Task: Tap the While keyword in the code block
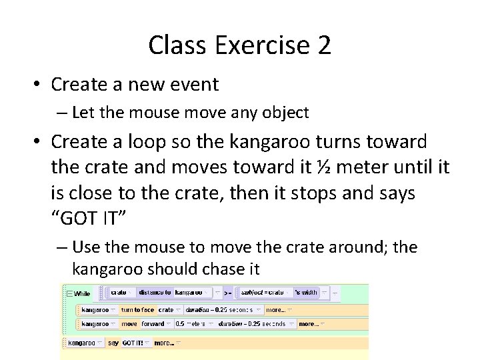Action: pyautogui.click(x=82, y=293)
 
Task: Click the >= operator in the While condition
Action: pyautogui.click(x=227, y=293)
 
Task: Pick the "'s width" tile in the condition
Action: pyautogui.click(x=304, y=293)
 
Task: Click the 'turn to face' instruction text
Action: pyautogui.click(x=137, y=310)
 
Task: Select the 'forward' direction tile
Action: pyautogui.click(x=152, y=324)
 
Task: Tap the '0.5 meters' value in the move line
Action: pyautogui.click(x=189, y=324)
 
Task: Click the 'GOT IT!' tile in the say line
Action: pyautogui.click(x=132, y=343)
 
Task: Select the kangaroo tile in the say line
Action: pyautogui.click(x=82, y=343)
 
